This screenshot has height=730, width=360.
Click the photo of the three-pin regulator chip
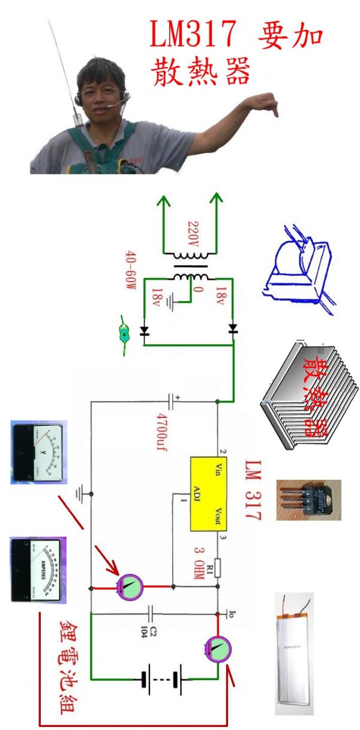[308, 499]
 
